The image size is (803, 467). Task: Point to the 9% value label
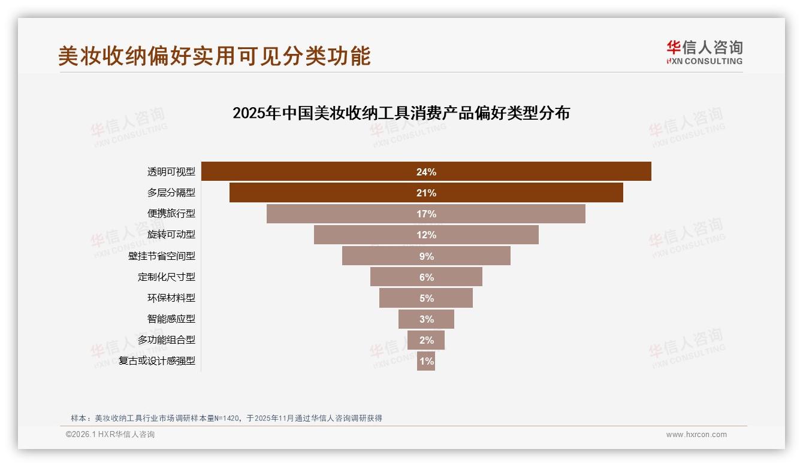tap(426, 256)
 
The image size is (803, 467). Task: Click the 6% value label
tap(426, 277)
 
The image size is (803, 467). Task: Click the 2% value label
tap(426, 340)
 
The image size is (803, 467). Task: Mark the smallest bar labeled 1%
tap(426, 361)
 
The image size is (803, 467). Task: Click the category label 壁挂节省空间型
tap(162, 256)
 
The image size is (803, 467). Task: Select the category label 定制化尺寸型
tap(167, 277)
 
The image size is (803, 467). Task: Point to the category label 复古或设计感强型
tap(157, 361)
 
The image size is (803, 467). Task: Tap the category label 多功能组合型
tap(167, 340)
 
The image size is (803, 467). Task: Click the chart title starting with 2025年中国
tap(401, 113)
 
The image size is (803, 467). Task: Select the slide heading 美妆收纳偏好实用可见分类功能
tap(215, 56)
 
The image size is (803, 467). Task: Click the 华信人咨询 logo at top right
tap(704, 52)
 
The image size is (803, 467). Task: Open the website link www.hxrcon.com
tap(696, 435)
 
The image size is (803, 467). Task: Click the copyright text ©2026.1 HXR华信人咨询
tap(110, 435)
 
